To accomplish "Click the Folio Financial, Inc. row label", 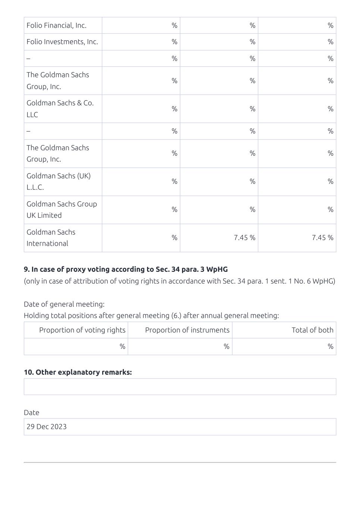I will coord(56,25).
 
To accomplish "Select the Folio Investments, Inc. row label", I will coord(62,42).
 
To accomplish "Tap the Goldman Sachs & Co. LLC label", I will coord(60,109).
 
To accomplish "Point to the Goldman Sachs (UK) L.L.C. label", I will coord(59,181).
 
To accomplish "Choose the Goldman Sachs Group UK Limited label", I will coord(62,210).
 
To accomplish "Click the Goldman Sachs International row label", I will coord(51,238).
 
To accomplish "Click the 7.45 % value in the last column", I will coord(322,238).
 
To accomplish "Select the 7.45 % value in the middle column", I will coord(244,238).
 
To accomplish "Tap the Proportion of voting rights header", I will coord(82,330).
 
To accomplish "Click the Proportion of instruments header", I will coord(187,330).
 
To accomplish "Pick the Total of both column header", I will coord(312,330).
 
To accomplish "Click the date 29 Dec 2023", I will coord(47,427).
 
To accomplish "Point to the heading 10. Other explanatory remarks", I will coord(78,372).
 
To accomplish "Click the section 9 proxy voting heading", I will coord(126,269).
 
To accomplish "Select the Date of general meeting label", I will coord(64,304).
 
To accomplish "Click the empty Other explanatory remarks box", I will coord(180,387).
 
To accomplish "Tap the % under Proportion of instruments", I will coord(226,346).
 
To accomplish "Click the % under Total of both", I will coord(330,346).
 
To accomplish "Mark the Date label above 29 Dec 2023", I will coord(31,412).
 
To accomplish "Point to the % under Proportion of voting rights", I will coord(122,346).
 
